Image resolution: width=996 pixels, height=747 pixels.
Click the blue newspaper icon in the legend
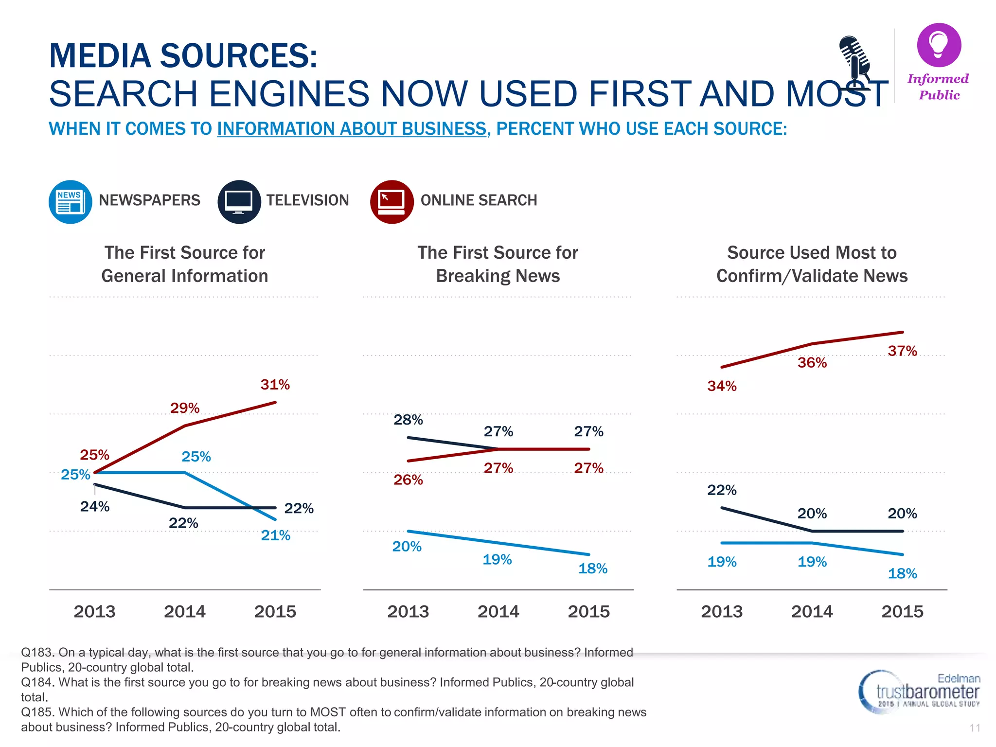pos(71,202)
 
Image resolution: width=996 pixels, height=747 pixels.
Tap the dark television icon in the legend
pos(239,202)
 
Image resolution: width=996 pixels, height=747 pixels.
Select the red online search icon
pos(391,202)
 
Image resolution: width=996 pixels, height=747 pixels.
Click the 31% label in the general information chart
pos(275,385)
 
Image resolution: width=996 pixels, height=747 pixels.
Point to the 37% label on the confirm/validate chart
pos(902,351)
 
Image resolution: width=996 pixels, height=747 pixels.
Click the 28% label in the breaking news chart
pos(408,420)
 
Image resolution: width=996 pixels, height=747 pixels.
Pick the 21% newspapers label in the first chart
pos(275,535)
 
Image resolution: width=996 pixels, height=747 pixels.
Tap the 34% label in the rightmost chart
pos(722,386)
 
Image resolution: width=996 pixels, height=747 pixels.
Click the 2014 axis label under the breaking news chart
pos(498,611)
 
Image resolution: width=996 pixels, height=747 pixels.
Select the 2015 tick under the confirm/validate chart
pos(902,611)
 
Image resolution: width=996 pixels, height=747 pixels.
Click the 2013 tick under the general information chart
pos(94,611)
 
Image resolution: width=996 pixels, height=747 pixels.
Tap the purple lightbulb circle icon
pos(939,45)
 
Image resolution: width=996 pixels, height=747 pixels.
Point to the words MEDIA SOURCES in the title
pos(183,56)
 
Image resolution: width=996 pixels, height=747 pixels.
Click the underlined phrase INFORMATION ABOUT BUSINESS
pos(352,129)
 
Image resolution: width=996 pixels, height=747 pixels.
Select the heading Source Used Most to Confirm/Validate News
pos(812,264)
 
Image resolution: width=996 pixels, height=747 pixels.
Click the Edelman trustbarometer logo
pos(919,692)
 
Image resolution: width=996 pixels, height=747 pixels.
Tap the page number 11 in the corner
pos(975,728)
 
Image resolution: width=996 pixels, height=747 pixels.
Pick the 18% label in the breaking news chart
pos(592,569)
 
